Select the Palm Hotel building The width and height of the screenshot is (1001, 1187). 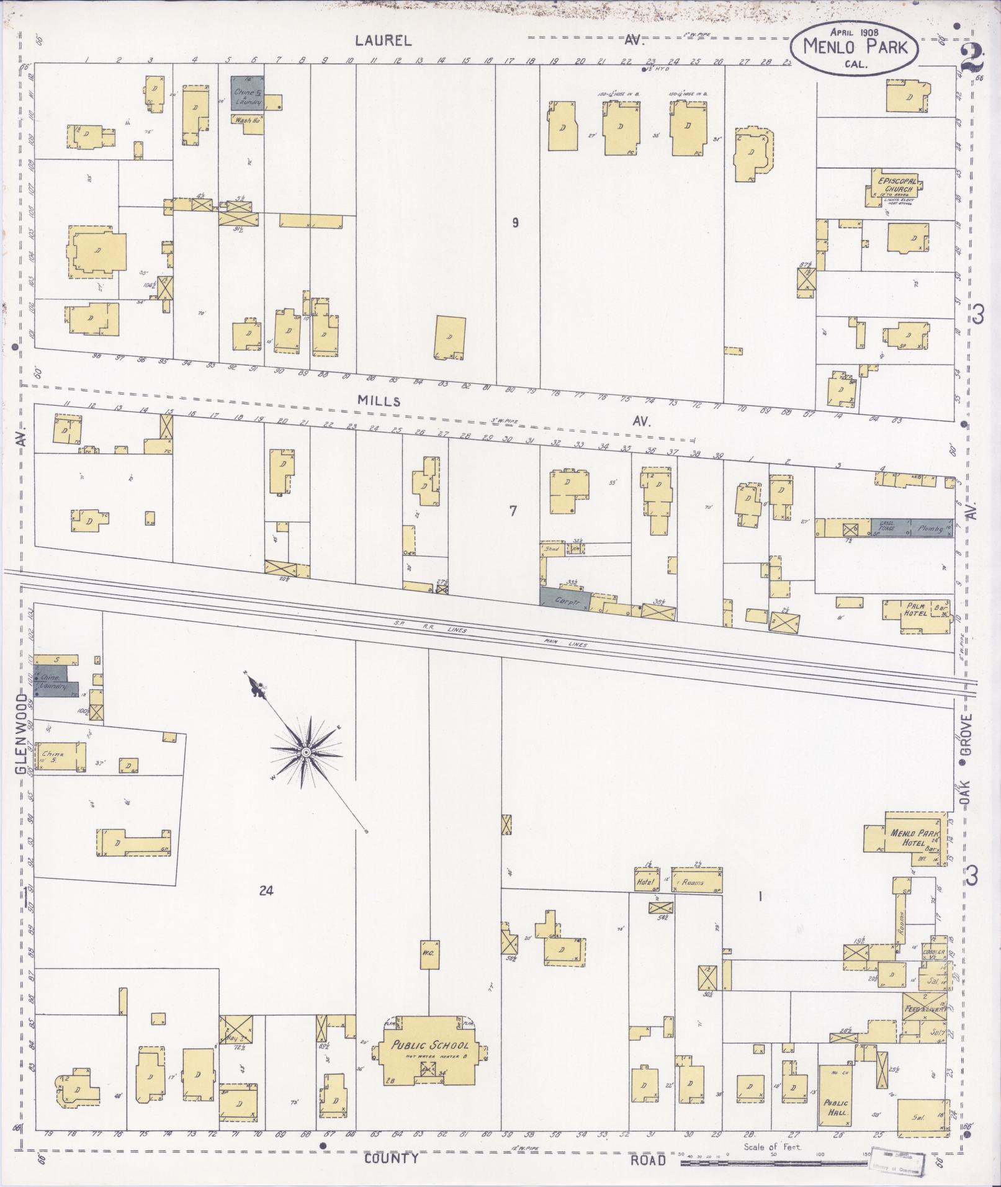(917, 611)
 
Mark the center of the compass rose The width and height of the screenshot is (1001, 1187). (305, 752)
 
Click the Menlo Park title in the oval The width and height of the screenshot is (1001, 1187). (855, 47)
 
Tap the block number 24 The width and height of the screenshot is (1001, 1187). (266, 891)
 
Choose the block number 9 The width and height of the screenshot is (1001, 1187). (515, 223)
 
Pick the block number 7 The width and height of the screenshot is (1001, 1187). (513, 511)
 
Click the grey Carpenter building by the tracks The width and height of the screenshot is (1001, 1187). (563, 599)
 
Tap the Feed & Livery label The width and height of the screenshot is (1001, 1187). (925, 1008)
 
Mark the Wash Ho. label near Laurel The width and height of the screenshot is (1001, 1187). (246, 120)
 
